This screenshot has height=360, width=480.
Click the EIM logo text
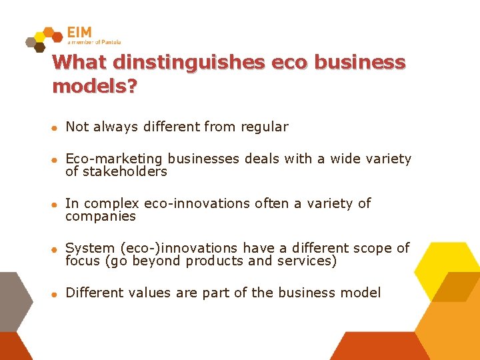80,32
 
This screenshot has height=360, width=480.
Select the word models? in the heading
94,87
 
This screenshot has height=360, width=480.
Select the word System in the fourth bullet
89,248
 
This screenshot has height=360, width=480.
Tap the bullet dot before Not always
57,128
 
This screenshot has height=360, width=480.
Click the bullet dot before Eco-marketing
57,160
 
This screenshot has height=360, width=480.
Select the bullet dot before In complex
57,205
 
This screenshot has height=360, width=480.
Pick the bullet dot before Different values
57,294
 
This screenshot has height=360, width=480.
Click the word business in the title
359,63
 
